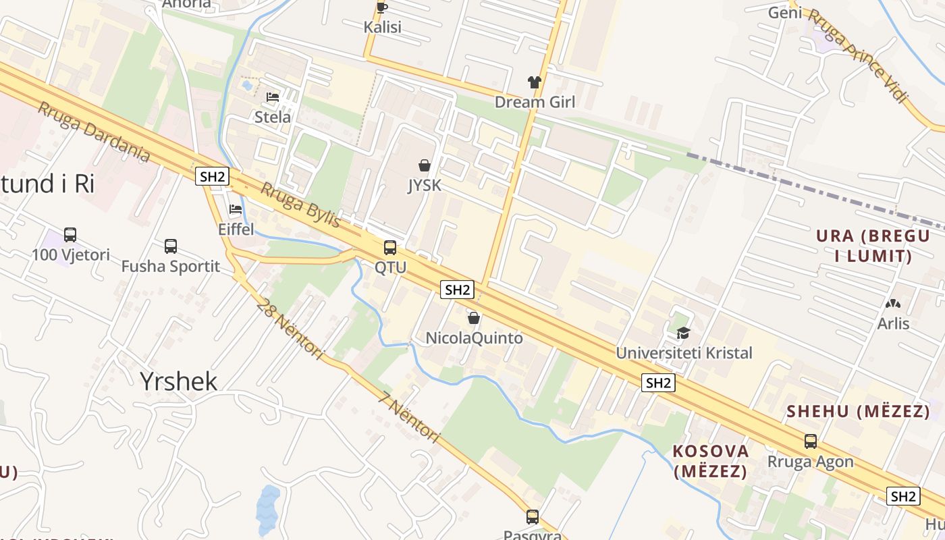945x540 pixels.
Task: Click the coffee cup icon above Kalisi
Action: click(381, 8)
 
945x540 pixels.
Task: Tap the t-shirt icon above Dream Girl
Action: click(535, 82)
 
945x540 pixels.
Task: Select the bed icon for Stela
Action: click(273, 98)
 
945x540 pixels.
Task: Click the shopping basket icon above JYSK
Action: click(425, 165)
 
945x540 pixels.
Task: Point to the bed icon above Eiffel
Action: click(236, 210)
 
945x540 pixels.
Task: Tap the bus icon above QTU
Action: click(390, 248)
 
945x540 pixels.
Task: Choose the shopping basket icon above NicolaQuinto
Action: click(474, 318)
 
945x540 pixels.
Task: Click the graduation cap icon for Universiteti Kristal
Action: click(683, 333)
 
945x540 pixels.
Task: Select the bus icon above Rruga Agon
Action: click(810, 441)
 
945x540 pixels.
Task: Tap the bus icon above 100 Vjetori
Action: click(70, 235)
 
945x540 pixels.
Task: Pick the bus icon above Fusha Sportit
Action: click(171, 246)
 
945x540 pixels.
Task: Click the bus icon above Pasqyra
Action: click(533, 517)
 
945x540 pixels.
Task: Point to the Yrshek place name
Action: click(179, 381)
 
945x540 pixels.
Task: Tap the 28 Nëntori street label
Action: click(290, 328)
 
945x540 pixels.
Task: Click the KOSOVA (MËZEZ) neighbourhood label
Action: click(710, 461)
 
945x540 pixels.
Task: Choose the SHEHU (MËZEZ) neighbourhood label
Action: click(858, 411)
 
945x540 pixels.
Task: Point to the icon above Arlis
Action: click(893, 304)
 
